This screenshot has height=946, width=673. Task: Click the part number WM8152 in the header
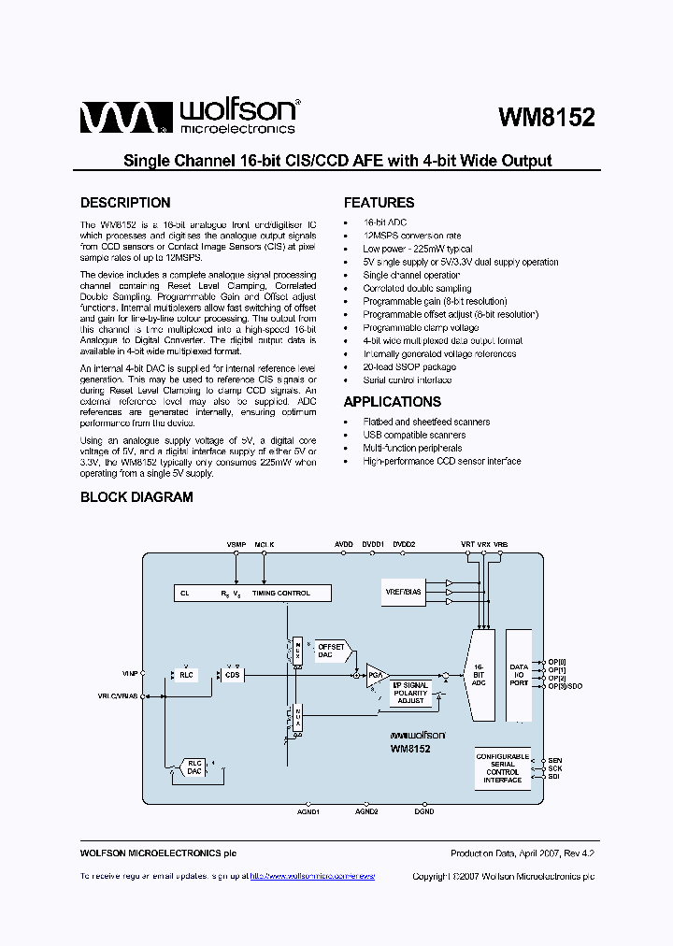(547, 118)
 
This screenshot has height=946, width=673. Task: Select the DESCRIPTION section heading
(125, 203)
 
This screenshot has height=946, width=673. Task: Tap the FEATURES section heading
(379, 203)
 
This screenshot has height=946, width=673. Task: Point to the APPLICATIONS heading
(392, 402)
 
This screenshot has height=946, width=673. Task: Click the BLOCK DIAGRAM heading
(136, 497)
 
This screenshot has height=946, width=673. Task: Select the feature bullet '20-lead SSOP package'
(409, 367)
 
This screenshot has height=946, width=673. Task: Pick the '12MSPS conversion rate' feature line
(411, 236)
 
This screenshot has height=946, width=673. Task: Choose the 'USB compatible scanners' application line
(413, 435)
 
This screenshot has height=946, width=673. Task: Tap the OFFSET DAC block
(332, 652)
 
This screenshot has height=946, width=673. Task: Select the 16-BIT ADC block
(479, 675)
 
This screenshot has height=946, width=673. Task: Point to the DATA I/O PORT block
(519, 675)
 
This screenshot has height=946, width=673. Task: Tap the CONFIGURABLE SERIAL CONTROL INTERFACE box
(502, 767)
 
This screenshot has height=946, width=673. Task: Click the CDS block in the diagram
(231, 674)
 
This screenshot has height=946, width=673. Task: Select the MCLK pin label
(265, 543)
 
